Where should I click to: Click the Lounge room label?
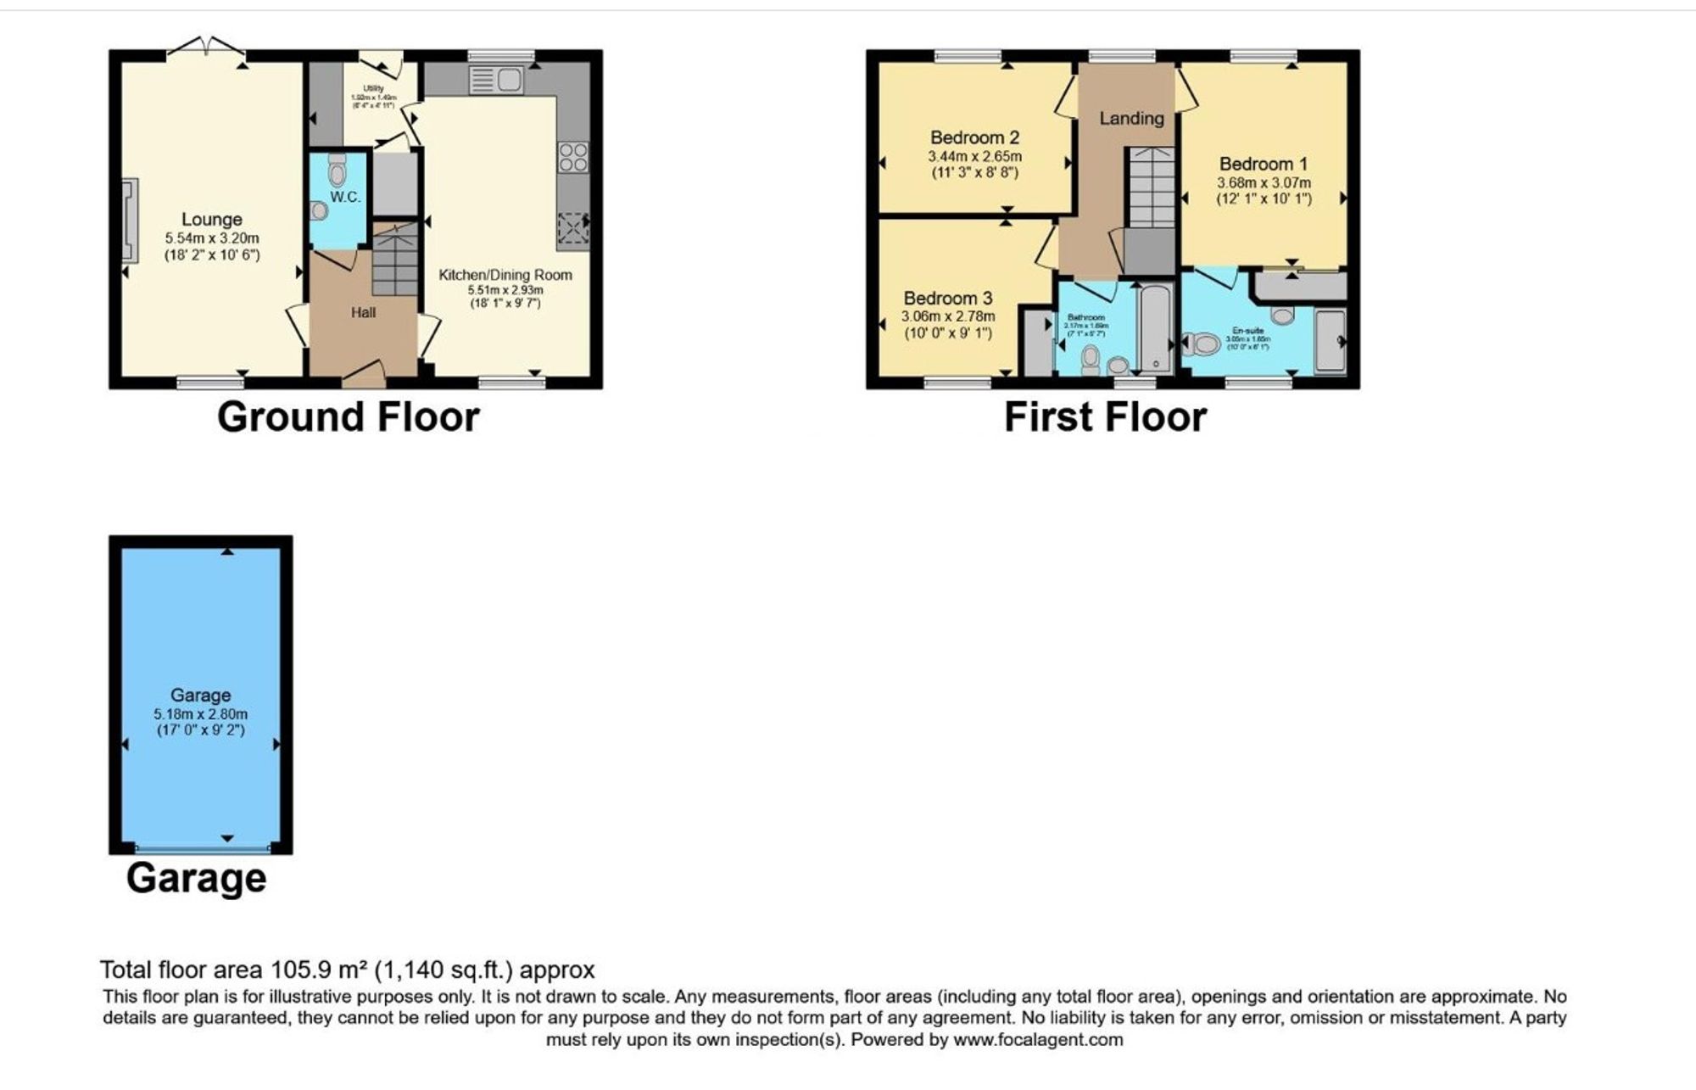(211, 220)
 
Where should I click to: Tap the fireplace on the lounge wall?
(130, 221)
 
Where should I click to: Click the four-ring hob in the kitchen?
(572, 158)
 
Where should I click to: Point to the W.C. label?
(345, 198)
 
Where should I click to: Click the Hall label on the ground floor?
(363, 312)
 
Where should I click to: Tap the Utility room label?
(373, 88)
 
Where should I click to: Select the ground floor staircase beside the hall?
(395, 260)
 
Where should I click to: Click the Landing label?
(1131, 119)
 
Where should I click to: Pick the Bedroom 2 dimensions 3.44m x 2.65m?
(974, 157)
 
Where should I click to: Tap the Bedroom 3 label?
(947, 299)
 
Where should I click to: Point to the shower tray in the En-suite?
(1330, 342)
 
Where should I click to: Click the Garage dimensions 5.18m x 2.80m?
(201, 714)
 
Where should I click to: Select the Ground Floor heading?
(348, 417)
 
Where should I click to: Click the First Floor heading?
(1105, 417)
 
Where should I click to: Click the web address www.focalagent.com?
(1038, 1040)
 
